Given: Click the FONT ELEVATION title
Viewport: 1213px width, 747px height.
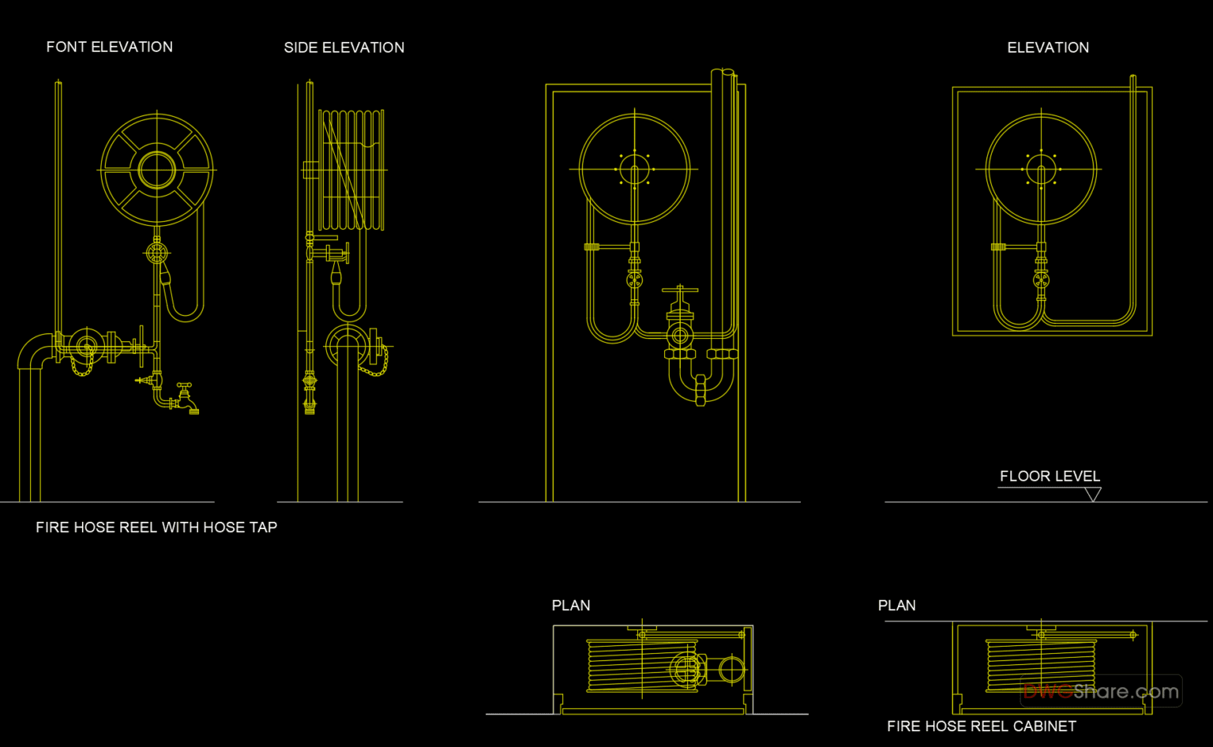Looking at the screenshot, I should pyautogui.click(x=109, y=47).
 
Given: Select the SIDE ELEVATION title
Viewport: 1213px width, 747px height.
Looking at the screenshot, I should pyautogui.click(x=344, y=48).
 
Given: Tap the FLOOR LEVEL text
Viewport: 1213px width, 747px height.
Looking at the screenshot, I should pyautogui.click(x=1050, y=476).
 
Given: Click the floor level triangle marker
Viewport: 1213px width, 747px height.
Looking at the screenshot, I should pyautogui.click(x=1093, y=494).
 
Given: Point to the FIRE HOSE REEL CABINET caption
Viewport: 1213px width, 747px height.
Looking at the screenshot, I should pyautogui.click(x=981, y=726).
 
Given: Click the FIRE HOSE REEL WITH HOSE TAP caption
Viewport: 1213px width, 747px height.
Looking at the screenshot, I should pyautogui.click(x=156, y=527).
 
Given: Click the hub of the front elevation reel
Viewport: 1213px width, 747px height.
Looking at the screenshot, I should pyautogui.click(x=157, y=170).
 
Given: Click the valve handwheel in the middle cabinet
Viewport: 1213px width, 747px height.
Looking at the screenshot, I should pyautogui.click(x=680, y=291).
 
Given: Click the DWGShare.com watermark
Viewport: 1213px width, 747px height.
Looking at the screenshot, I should pyautogui.click(x=1101, y=692).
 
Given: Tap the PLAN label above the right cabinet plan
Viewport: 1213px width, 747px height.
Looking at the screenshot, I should pyautogui.click(x=896, y=606).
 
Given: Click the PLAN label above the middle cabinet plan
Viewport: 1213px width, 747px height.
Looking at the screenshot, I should pyautogui.click(x=570, y=606).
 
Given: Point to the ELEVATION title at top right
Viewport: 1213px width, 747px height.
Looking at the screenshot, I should pyautogui.click(x=1047, y=48).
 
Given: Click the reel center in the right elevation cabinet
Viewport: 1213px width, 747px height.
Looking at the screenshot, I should pyautogui.click(x=1041, y=169).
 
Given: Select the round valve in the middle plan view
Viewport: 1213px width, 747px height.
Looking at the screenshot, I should pyautogui.click(x=732, y=670).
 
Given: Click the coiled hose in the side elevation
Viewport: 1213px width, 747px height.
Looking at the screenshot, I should pyautogui.click(x=351, y=169).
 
